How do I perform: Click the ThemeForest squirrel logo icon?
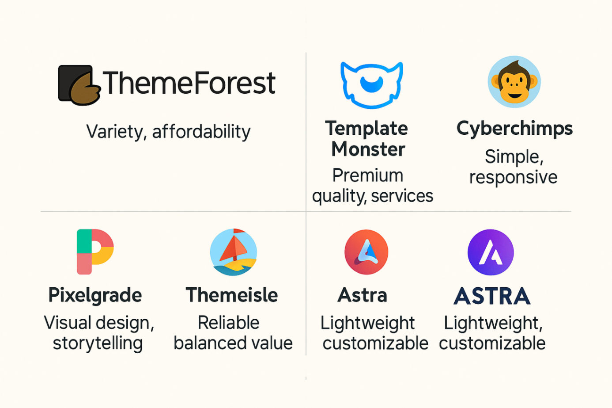tap(79, 85)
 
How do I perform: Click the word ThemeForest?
tap(189, 83)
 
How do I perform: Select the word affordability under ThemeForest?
tap(201, 132)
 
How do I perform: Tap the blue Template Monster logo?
tap(372, 85)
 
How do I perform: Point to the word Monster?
tap(368, 149)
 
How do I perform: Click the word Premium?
tap(367, 175)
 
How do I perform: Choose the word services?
tap(402, 196)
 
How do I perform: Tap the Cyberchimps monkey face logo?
tap(514, 82)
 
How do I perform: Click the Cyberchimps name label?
tap(514, 129)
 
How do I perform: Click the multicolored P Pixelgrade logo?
tap(95, 252)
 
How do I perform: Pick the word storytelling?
tap(98, 343)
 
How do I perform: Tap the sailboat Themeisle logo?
tap(233, 252)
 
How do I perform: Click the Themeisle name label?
tap(232, 295)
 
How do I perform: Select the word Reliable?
tap(228, 323)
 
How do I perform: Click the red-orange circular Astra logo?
tap(366, 252)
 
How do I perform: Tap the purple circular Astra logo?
tap(491, 252)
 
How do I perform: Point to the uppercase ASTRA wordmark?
tap(492, 296)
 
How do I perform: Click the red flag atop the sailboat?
tap(239, 231)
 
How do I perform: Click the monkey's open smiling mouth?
tap(514, 95)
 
